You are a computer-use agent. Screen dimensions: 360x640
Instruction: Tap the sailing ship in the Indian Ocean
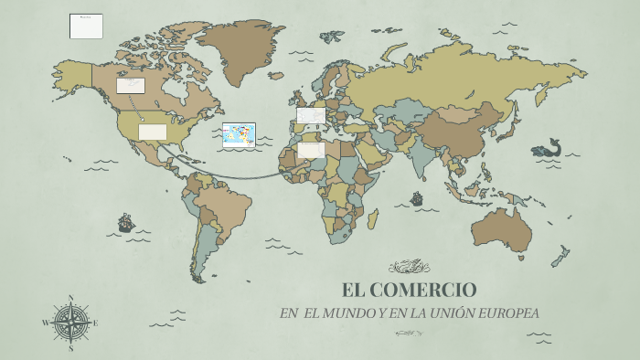pos(417,197)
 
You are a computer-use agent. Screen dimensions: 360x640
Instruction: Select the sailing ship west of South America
pos(126,222)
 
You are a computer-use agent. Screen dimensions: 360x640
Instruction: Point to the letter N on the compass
pos(70,298)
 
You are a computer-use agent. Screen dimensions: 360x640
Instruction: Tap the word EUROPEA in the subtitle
pos(507,313)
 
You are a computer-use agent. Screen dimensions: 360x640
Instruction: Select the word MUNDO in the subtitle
pos(349,313)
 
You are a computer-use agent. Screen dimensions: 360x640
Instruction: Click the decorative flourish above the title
pos(409,267)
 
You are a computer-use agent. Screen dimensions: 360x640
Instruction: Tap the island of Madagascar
pos(372,218)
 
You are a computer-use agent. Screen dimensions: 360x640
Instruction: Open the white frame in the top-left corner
pos(86,26)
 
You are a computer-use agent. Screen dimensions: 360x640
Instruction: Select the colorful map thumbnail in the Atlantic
pos(239,135)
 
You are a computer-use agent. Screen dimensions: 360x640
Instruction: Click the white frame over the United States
pos(153,132)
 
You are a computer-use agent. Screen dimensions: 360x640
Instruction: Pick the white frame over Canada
pos(131,85)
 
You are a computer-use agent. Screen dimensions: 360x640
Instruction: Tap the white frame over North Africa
pos(311,149)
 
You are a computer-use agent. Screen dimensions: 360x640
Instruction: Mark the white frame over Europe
pos(311,115)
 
